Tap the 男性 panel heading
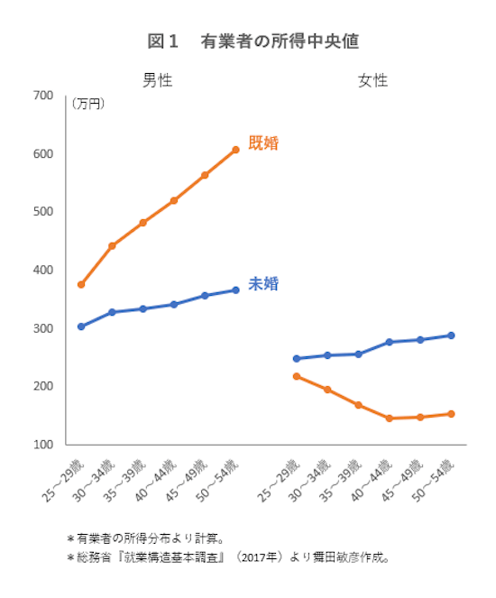pos(157,80)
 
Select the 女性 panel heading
pos(372,80)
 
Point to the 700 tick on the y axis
pos(43,96)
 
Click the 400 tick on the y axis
pos(43,270)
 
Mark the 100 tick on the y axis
pos(43,445)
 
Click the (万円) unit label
pos(87,105)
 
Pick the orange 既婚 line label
pos(263,143)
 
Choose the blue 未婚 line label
pos(263,284)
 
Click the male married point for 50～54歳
pos(235,150)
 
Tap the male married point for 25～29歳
pos(81,285)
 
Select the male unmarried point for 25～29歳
pos(81,327)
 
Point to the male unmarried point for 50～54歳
pos(235,290)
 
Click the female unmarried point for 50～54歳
pos(451,336)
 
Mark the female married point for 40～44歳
pos(389,419)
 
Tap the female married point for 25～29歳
pos(297,376)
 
